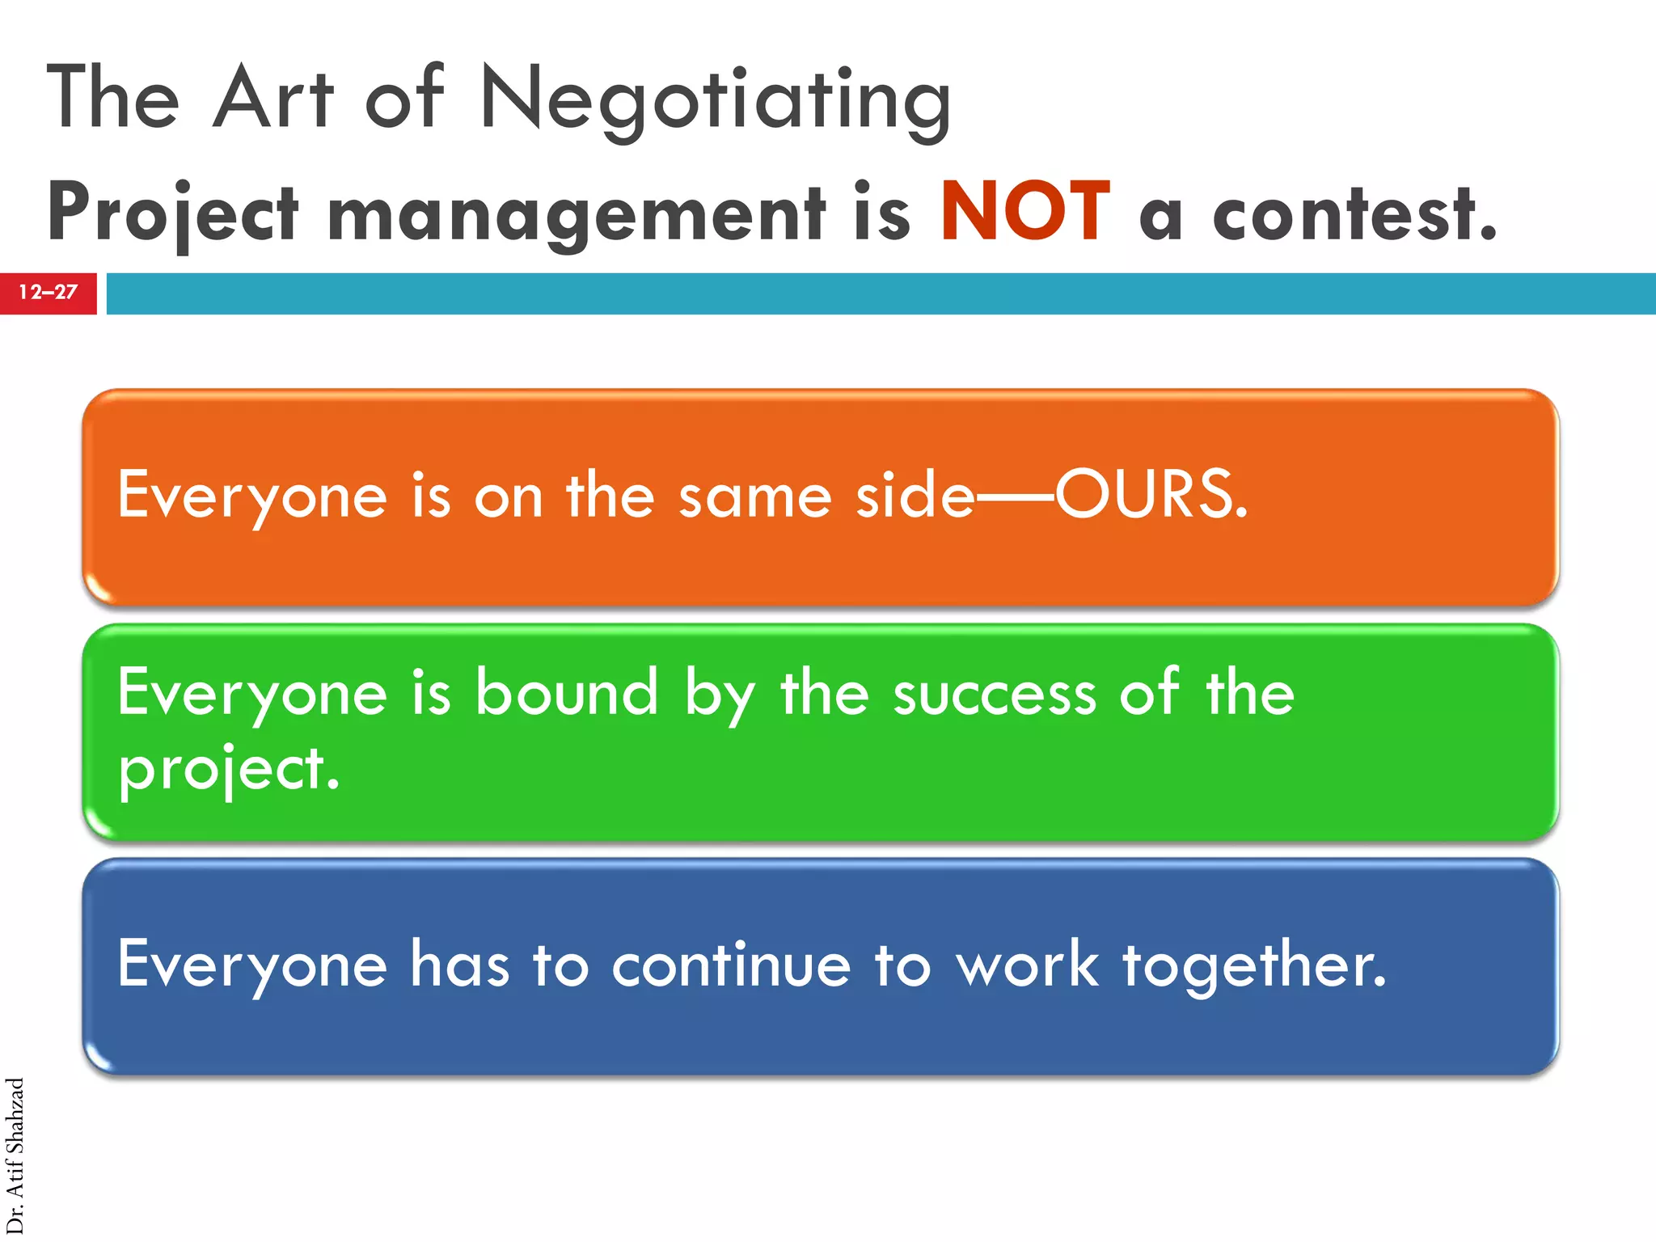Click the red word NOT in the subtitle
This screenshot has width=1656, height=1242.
[1025, 212]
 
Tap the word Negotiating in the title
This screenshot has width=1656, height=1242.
[715, 100]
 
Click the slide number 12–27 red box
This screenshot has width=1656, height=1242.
[48, 293]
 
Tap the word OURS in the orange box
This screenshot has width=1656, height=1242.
[1150, 494]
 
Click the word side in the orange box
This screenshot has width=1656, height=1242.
[915, 494]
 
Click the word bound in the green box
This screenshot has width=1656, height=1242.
[567, 692]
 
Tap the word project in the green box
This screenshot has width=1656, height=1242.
[228, 769]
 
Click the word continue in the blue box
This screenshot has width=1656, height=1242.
[730, 965]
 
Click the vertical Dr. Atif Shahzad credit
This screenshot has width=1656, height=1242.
[15, 1156]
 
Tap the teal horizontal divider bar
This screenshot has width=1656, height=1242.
[881, 293]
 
